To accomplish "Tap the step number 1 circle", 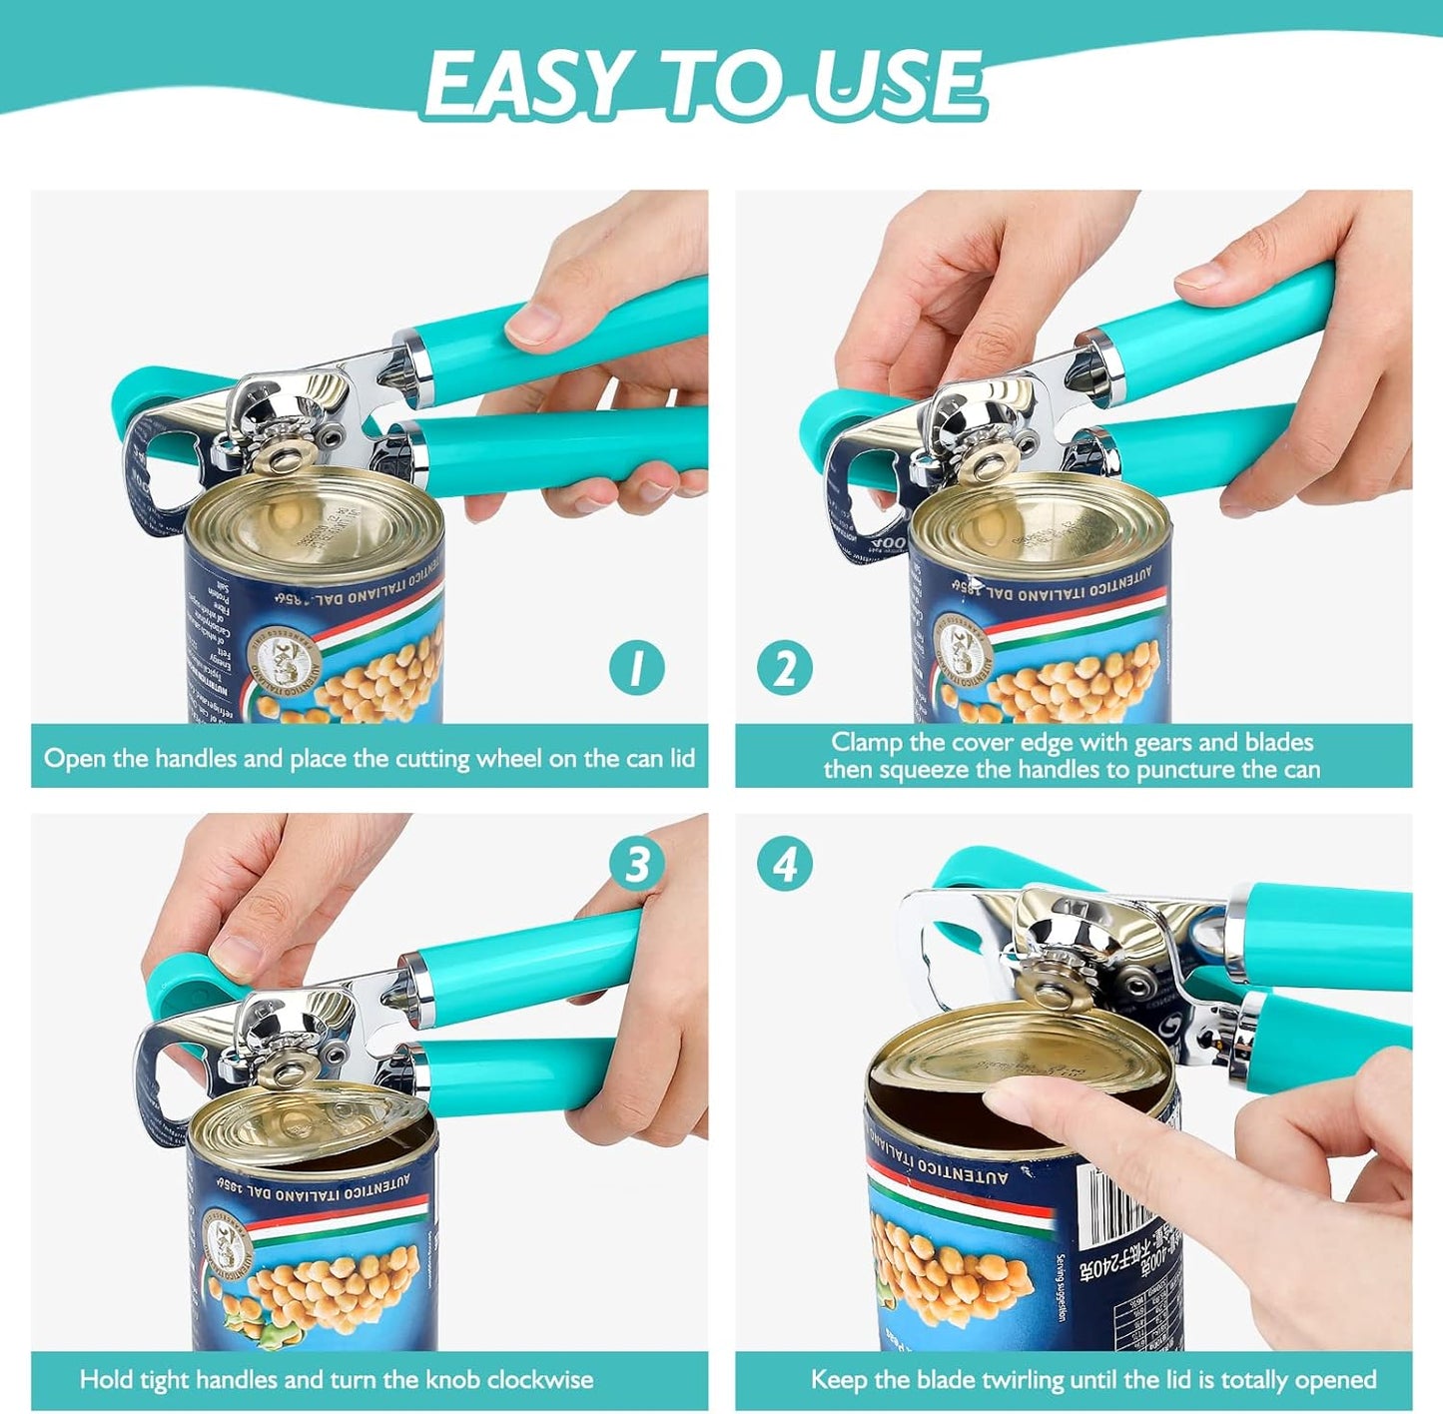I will pyautogui.click(x=637, y=668).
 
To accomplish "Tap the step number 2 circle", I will pyautogui.click(x=785, y=668).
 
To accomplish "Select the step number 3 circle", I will pyautogui.click(x=637, y=864).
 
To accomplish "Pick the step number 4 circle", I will pyautogui.click(x=785, y=864).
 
